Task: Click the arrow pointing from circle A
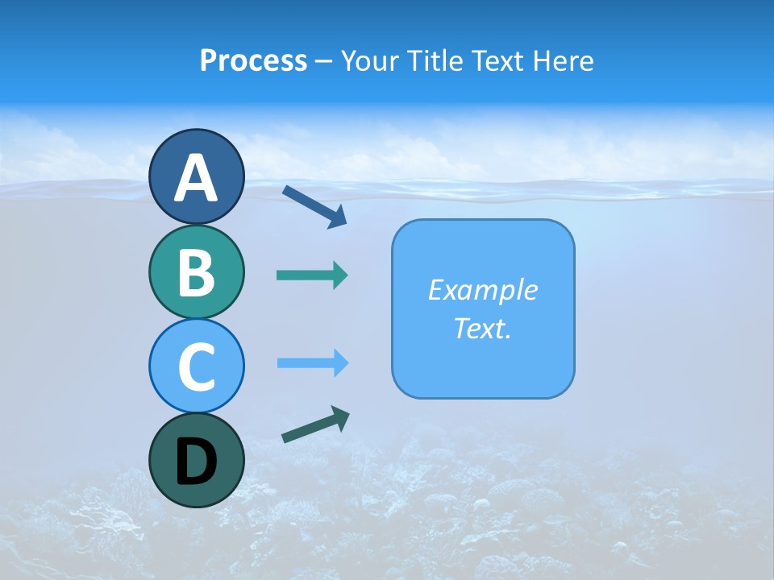pos(314,206)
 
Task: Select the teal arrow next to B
pos(312,275)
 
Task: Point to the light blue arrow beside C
pos(313,363)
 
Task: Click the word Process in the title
pos(253,61)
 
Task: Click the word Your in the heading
pos(369,61)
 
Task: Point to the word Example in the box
pos(482,290)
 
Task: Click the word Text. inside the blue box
pos(482,328)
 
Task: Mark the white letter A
pos(196,179)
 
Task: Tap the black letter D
pos(196,462)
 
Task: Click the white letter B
pos(196,272)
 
